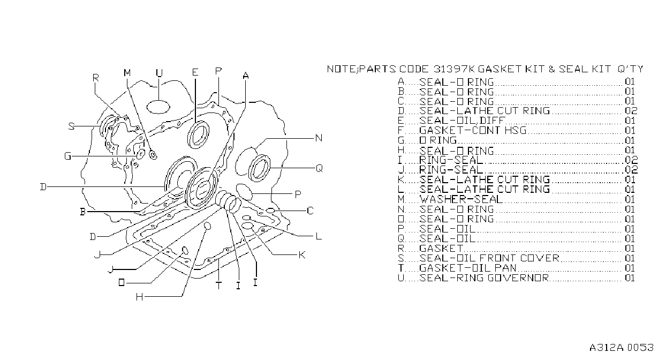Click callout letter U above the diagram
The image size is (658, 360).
point(159,73)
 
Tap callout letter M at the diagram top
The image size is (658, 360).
point(127,73)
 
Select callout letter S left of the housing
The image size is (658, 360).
point(71,126)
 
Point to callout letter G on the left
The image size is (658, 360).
point(67,156)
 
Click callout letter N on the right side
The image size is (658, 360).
point(319,138)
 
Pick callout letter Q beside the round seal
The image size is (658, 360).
point(319,168)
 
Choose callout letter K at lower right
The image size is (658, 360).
point(302,255)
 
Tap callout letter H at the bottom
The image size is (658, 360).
point(140,297)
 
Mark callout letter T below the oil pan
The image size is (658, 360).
point(218,286)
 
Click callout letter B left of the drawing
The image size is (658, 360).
point(83,212)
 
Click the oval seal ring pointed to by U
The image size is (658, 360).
point(158,107)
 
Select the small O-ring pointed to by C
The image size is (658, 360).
point(270,211)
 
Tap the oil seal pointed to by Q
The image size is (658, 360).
point(259,168)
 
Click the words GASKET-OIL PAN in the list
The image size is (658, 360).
point(467,268)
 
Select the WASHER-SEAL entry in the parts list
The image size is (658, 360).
point(461,199)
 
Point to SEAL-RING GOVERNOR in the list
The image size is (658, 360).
point(484,277)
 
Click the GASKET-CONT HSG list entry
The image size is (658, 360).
point(473,130)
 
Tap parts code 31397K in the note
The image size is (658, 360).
point(454,69)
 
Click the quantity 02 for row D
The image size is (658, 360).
point(631,111)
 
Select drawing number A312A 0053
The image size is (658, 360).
point(621,348)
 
